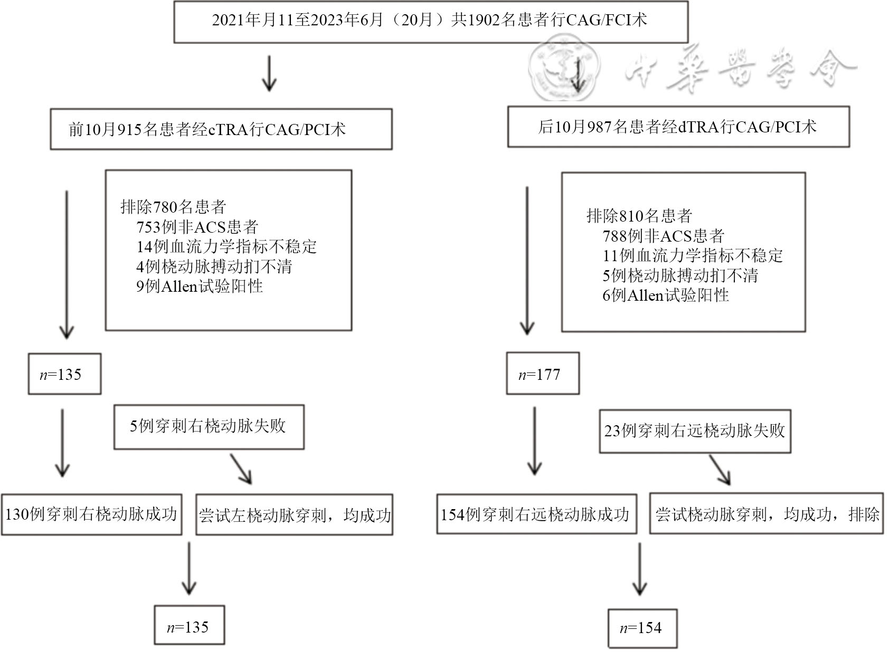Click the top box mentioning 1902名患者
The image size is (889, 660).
430,21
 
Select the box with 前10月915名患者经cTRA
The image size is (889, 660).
221,129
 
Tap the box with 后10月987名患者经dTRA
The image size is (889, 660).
678,127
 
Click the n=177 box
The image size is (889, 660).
542,374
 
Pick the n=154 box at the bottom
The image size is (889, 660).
642,628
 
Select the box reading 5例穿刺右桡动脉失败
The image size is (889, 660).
209,427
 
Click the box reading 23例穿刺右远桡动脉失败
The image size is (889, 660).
694,431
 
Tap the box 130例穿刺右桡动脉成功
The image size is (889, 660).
91,514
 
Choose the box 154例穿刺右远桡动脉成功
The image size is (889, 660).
536,514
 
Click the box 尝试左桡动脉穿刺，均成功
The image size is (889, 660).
294,515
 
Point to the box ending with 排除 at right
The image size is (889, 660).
766,514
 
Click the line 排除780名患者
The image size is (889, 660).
173,207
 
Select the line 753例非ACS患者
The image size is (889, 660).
197,227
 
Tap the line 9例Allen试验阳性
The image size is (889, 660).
200,286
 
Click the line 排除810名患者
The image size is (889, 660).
639,216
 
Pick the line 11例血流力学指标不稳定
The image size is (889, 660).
692,256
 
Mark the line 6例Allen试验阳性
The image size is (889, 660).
665,295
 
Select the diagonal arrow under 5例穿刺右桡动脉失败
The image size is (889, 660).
241,468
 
